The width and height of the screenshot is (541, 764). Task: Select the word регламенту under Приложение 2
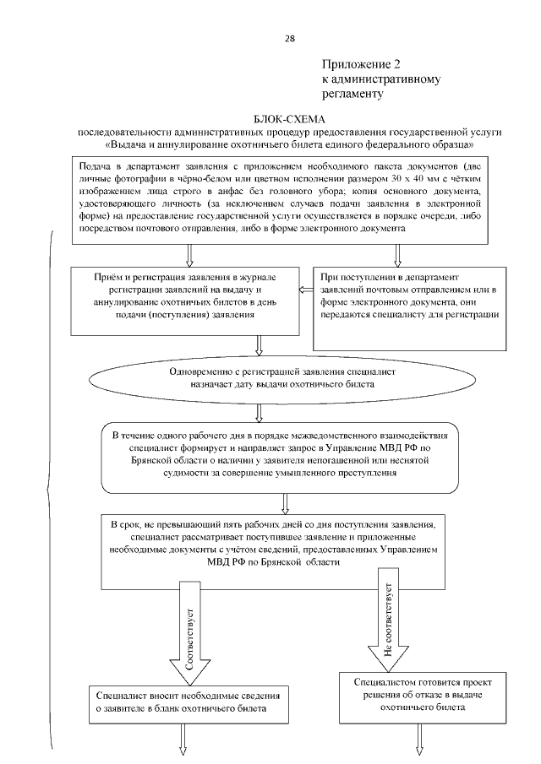[353, 93]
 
